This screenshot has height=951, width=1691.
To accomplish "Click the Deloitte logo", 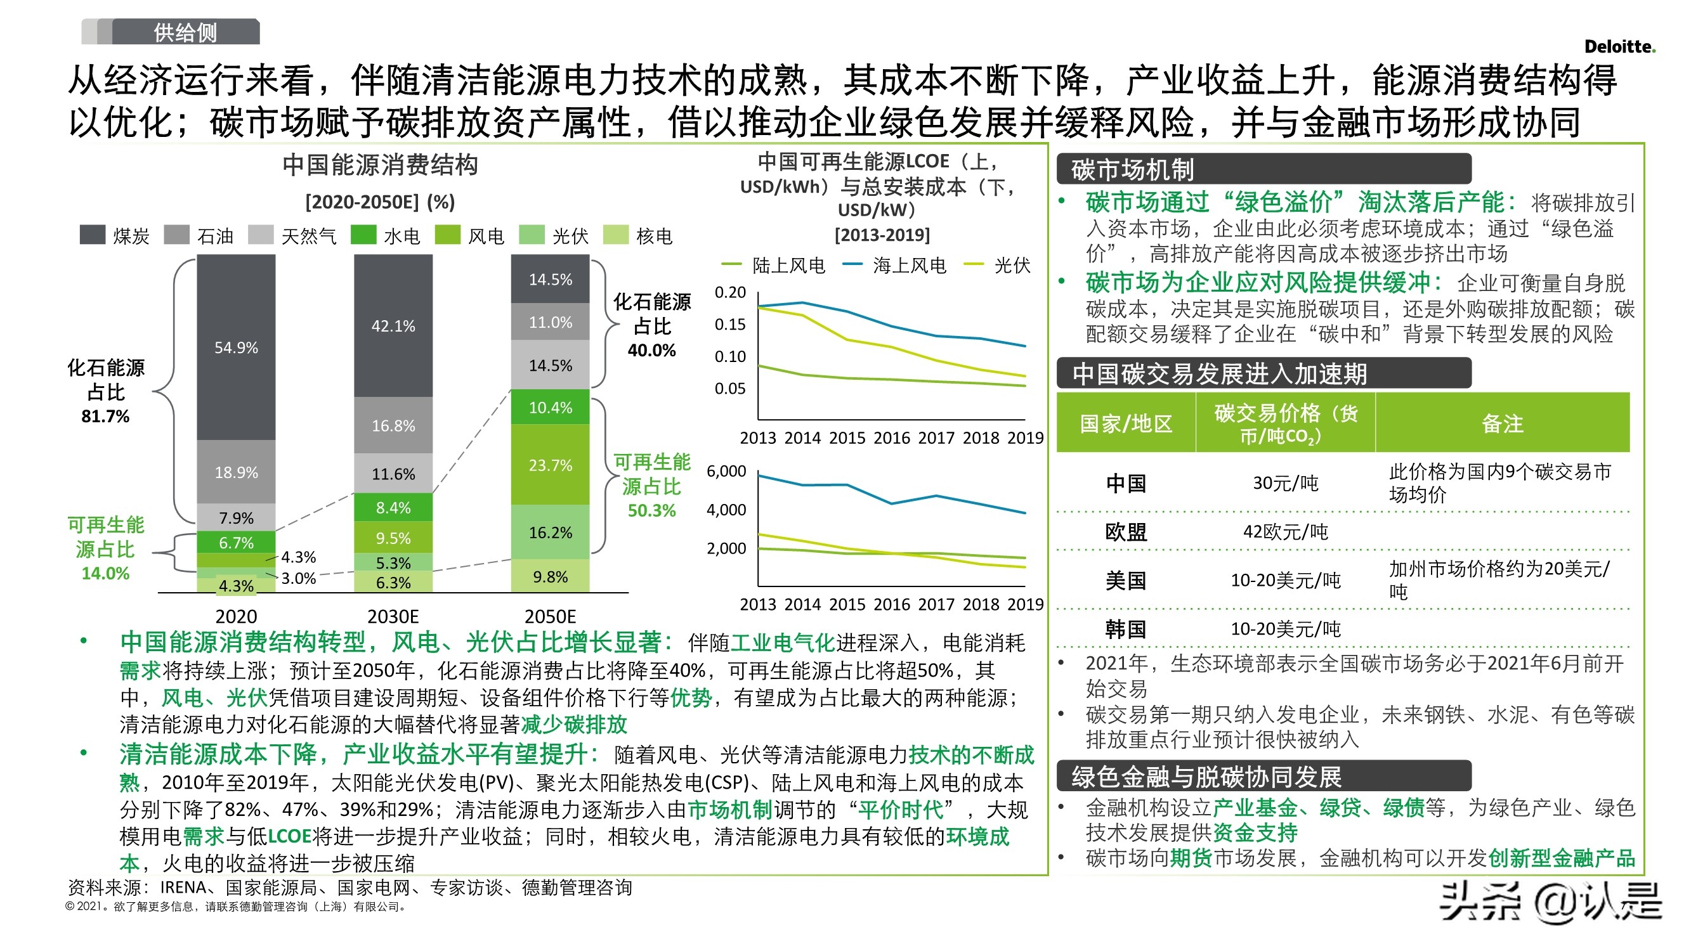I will click(1619, 46).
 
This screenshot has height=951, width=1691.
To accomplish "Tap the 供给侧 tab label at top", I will click(185, 32).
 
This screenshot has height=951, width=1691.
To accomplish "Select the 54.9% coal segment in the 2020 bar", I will click(236, 347).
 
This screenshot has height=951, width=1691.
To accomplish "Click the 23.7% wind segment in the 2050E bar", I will click(550, 465).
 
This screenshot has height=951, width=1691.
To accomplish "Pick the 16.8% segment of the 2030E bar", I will click(393, 425).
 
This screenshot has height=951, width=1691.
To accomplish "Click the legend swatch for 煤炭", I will click(93, 235).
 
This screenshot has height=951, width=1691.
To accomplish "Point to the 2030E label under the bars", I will click(393, 616).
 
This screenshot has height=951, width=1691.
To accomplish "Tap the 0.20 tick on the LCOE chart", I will click(730, 292).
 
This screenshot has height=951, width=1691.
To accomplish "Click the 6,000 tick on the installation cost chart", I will click(726, 471).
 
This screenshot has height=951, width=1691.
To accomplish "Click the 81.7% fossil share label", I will click(105, 416).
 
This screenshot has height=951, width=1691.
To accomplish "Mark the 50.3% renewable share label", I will click(651, 510).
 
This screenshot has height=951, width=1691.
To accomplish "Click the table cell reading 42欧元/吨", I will click(1284, 532).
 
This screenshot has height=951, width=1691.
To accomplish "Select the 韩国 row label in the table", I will click(1125, 629).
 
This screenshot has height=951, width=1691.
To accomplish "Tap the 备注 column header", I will click(1502, 424).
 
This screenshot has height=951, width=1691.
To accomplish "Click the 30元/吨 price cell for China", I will click(1284, 483).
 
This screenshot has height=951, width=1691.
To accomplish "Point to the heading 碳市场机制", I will click(1132, 169).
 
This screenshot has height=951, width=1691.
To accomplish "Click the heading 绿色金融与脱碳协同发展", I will click(1206, 777).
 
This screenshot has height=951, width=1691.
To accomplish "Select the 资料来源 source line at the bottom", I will click(350, 888).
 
